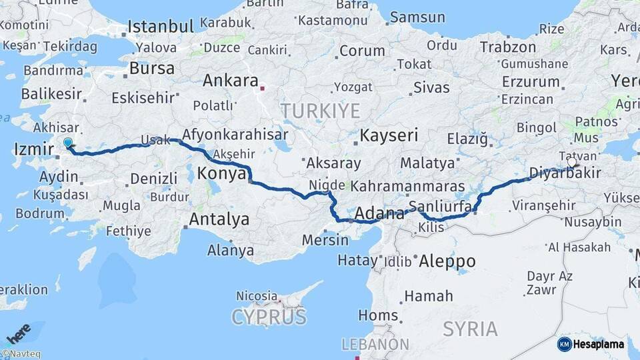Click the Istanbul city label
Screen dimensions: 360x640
coord(161,27)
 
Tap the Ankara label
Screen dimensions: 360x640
coord(230,81)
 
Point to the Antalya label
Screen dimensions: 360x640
coord(219,219)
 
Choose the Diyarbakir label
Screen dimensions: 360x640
coord(565,173)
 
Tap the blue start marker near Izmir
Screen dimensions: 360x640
coord(67,142)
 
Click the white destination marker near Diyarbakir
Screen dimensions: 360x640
coord(571,161)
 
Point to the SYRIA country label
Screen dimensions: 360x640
coord(470,329)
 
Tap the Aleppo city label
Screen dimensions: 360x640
coord(447,261)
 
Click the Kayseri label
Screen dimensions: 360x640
coord(389,135)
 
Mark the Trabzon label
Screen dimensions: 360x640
coord(508,47)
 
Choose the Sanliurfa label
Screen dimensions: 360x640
coord(441,205)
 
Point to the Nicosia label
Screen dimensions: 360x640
coord(257,295)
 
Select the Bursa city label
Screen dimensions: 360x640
coord(152,68)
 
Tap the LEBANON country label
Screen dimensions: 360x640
coord(375,345)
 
